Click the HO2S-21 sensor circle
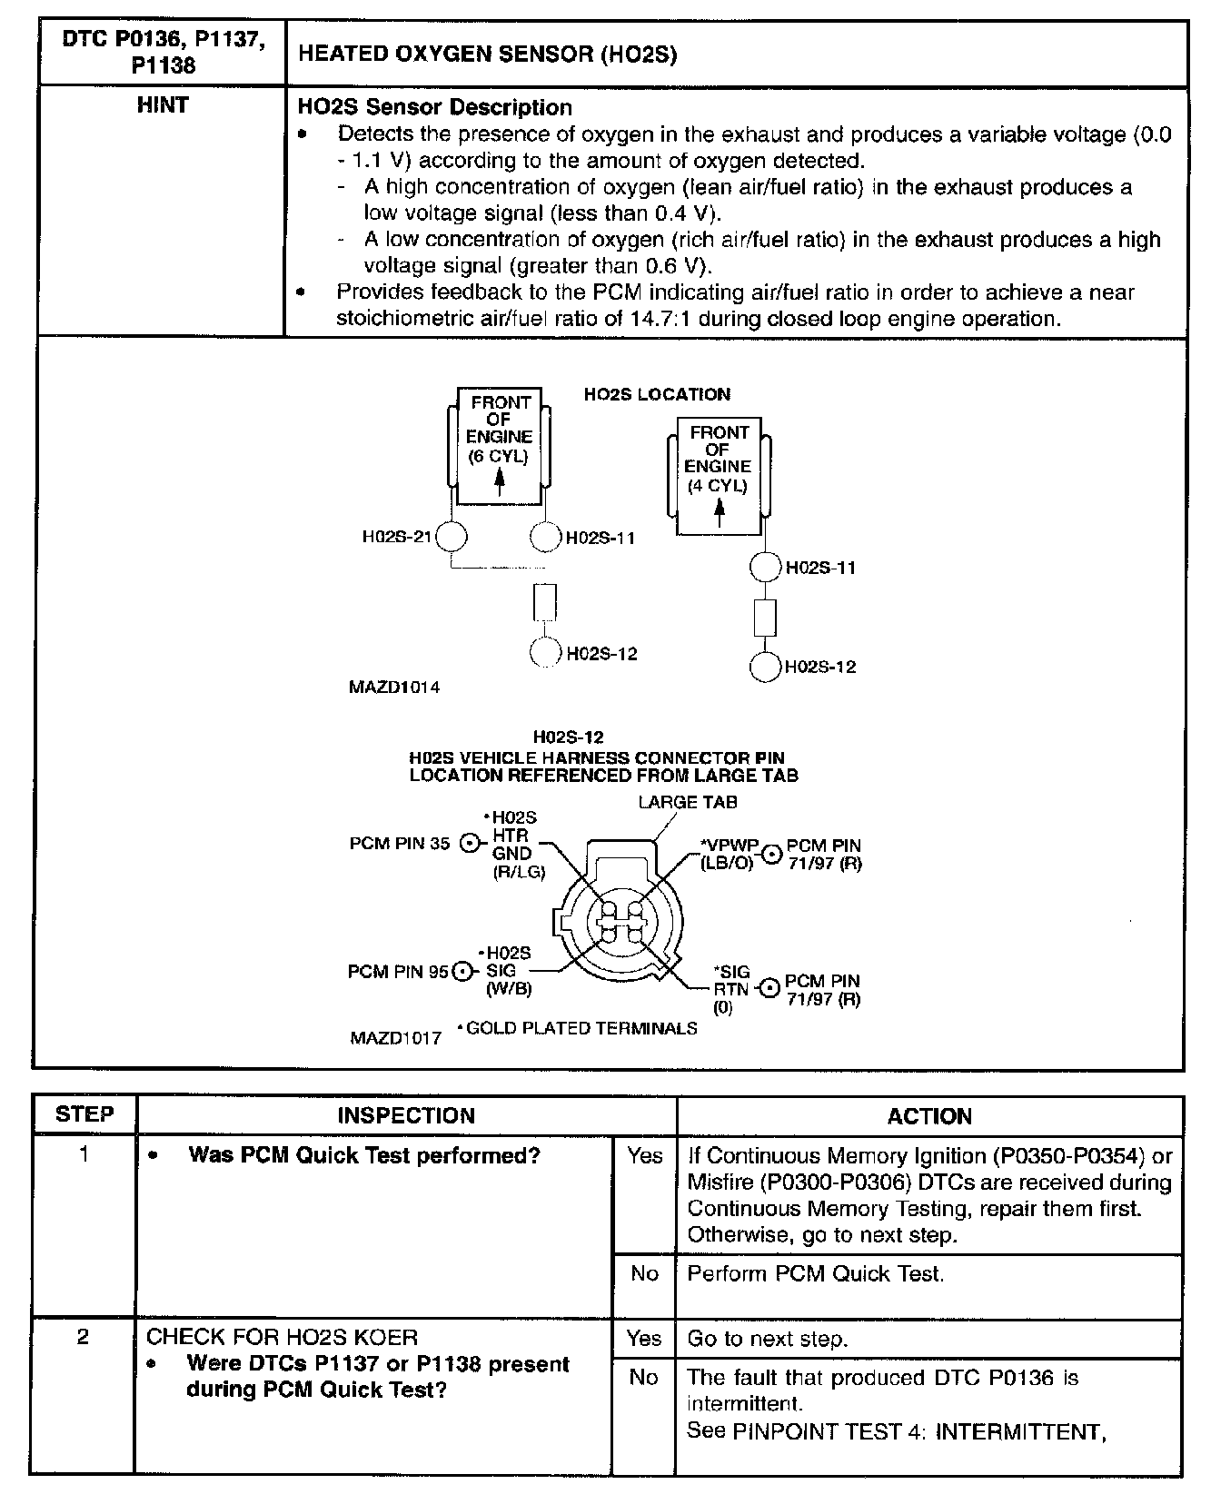(452, 537)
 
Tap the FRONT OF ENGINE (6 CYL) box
(499, 446)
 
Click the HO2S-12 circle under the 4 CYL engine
(766, 667)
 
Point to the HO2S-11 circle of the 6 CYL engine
(545, 537)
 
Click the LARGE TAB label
(687, 802)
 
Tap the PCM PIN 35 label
(399, 843)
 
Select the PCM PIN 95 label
(398, 972)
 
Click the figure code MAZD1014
(394, 688)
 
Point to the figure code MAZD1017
(395, 1037)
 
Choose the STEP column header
(84, 1114)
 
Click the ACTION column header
(928, 1116)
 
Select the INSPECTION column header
(406, 1116)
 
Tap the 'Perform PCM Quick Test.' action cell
(815, 1274)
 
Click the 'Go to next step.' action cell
(767, 1339)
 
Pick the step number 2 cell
(84, 1338)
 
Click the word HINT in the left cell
(162, 105)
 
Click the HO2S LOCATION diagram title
(656, 394)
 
